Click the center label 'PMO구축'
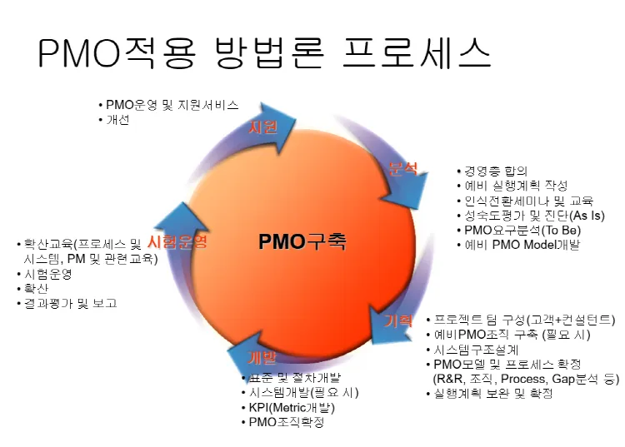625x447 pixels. (x=302, y=242)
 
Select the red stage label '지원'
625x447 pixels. (x=263, y=127)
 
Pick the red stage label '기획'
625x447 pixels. (x=398, y=320)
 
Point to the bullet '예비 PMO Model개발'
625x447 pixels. (x=522, y=246)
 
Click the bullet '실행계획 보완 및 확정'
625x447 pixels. (x=492, y=393)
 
